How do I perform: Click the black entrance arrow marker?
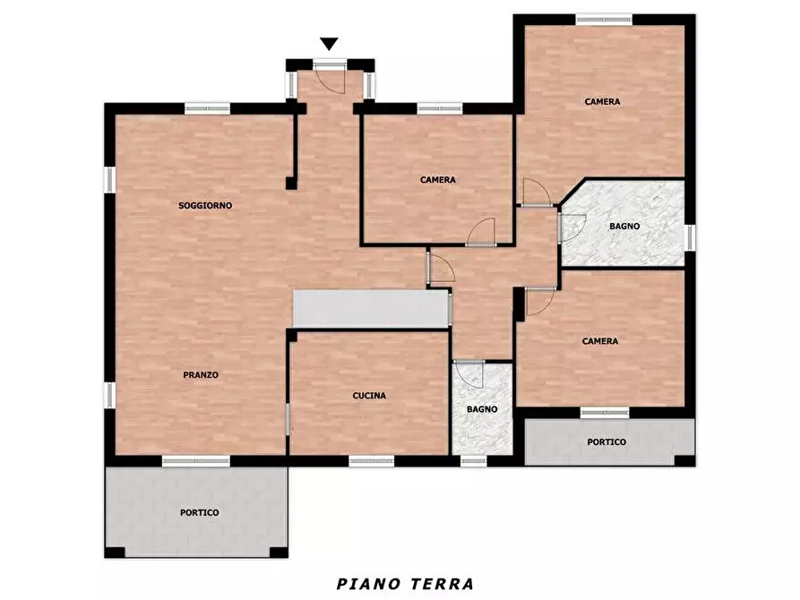point(329,44)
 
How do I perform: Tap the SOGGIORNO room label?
point(205,206)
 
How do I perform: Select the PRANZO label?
point(201,375)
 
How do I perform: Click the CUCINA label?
point(369,396)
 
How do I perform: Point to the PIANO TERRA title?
point(405,583)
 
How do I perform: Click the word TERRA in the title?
point(441,583)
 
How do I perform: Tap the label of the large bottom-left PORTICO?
point(200,513)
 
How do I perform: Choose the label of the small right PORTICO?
point(606,441)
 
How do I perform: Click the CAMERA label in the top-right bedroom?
point(603,101)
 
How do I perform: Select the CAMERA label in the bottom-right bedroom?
point(600,341)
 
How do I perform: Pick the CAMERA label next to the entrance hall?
point(438,180)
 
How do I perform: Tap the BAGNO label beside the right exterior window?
point(624,226)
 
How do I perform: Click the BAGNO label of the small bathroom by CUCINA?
point(482,409)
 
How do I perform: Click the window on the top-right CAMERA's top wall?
point(604,20)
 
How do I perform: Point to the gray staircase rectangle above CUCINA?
point(372,309)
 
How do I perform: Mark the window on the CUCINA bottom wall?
point(372,461)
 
